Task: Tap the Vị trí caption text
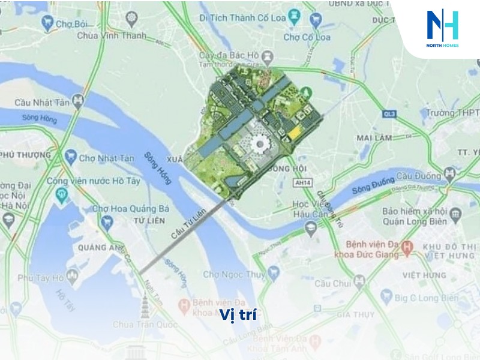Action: pyautogui.click(x=238, y=315)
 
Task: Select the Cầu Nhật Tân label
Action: pyautogui.click(x=43, y=103)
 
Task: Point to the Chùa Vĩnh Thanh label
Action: pyautogui.click(x=112, y=35)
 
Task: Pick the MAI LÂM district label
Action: pyautogui.click(x=374, y=137)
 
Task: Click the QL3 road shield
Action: pyautogui.click(x=390, y=112)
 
